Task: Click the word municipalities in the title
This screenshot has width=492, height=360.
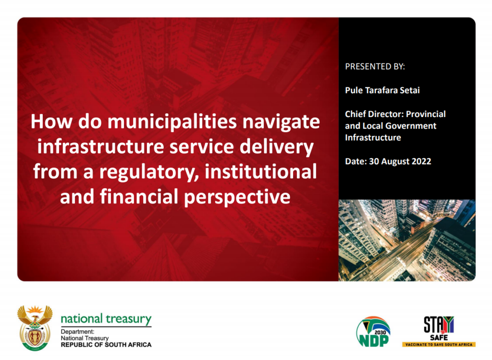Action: pyautogui.click(x=172, y=122)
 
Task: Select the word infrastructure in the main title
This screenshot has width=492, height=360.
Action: pyautogui.click(x=100, y=146)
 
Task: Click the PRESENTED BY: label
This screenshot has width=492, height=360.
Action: pyautogui.click(x=375, y=67)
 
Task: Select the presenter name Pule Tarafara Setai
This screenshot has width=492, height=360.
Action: pyautogui.click(x=382, y=90)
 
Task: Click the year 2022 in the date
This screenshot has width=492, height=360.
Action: pyautogui.click(x=421, y=161)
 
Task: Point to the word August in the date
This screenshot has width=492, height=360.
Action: pyautogui.click(x=395, y=162)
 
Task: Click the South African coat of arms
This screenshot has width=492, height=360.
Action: pyautogui.click(x=35, y=328)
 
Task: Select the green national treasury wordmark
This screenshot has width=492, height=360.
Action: pyautogui.click(x=106, y=319)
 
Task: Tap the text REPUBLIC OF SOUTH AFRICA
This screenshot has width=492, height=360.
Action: pyautogui.click(x=106, y=345)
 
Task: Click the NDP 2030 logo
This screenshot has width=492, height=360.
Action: pyautogui.click(x=373, y=332)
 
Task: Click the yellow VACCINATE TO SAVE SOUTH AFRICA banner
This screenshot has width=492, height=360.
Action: pyautogui.click(x=439, y=344)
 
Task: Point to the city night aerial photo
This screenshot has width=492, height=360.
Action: pyautogui.click(x=407, y=240)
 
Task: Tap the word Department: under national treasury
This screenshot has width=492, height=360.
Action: pyautogui.click(x=77, y=332)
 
